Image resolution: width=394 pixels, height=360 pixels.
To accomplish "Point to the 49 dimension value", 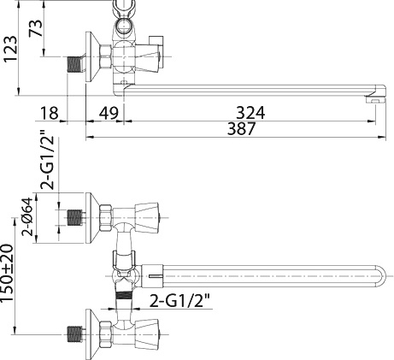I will [x=109, y=112].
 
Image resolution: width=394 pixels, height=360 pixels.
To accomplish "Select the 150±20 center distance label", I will [x=11, y=289].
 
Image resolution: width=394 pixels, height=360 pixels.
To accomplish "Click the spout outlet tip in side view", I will [x=373, y=100].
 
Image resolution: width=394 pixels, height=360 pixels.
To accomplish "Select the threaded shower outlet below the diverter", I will [x=127, y=303].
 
